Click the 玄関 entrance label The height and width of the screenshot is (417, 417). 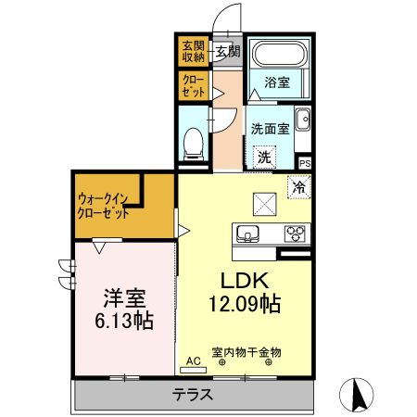(x=227, y=50)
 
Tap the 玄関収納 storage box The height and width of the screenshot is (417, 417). (x=193, y=50)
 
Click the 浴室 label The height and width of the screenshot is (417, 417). (x=275, y=82)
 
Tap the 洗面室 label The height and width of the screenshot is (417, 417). (x=268, y=129)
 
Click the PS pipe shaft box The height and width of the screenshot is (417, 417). (x=305, y=163)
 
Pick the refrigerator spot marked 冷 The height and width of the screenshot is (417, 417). (x=300, y=185)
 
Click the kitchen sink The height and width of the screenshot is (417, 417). (x=248, y=233)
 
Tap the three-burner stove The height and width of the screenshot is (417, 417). (x=295, y=233)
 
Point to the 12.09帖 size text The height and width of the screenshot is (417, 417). (x=244, y=303)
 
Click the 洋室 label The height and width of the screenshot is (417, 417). (x=122, y=298)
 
